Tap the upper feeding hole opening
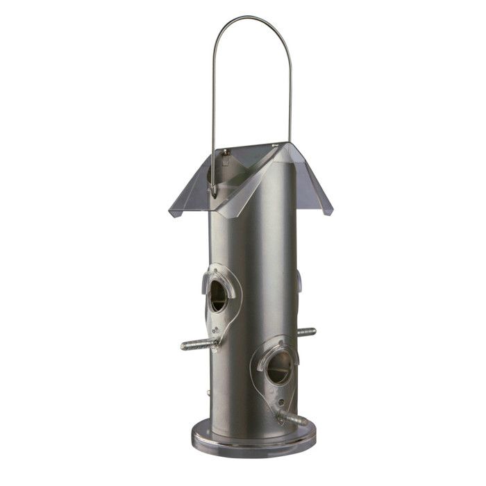coord(218,296)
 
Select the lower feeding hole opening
coord(278,367)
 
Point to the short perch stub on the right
coord(306,332)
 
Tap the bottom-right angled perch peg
coord(292,418)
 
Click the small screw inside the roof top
coord(226,151)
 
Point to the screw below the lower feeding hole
coord(280,402)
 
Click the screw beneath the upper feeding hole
coord(217,331)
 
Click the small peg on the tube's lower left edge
coord(208,394)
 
